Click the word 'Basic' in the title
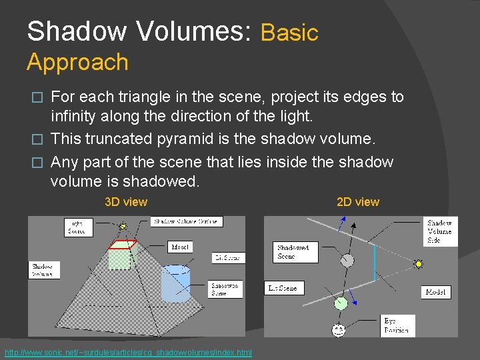[x=289, y=33]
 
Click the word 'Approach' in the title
[x=77, y=62]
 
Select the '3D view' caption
[x=126, y=202]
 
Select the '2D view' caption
[x=358, y=202]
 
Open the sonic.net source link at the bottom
[x=128, y=353]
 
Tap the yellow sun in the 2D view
[x=419, y=264]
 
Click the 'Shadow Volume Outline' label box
[x=187, y=221]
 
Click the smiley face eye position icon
[x=339, y=329]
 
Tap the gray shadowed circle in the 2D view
[x=347, y=262]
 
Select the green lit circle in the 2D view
[x=341, y=303]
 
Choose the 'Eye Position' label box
[x=398, y=325]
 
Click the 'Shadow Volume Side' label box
[x=440, y=231]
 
